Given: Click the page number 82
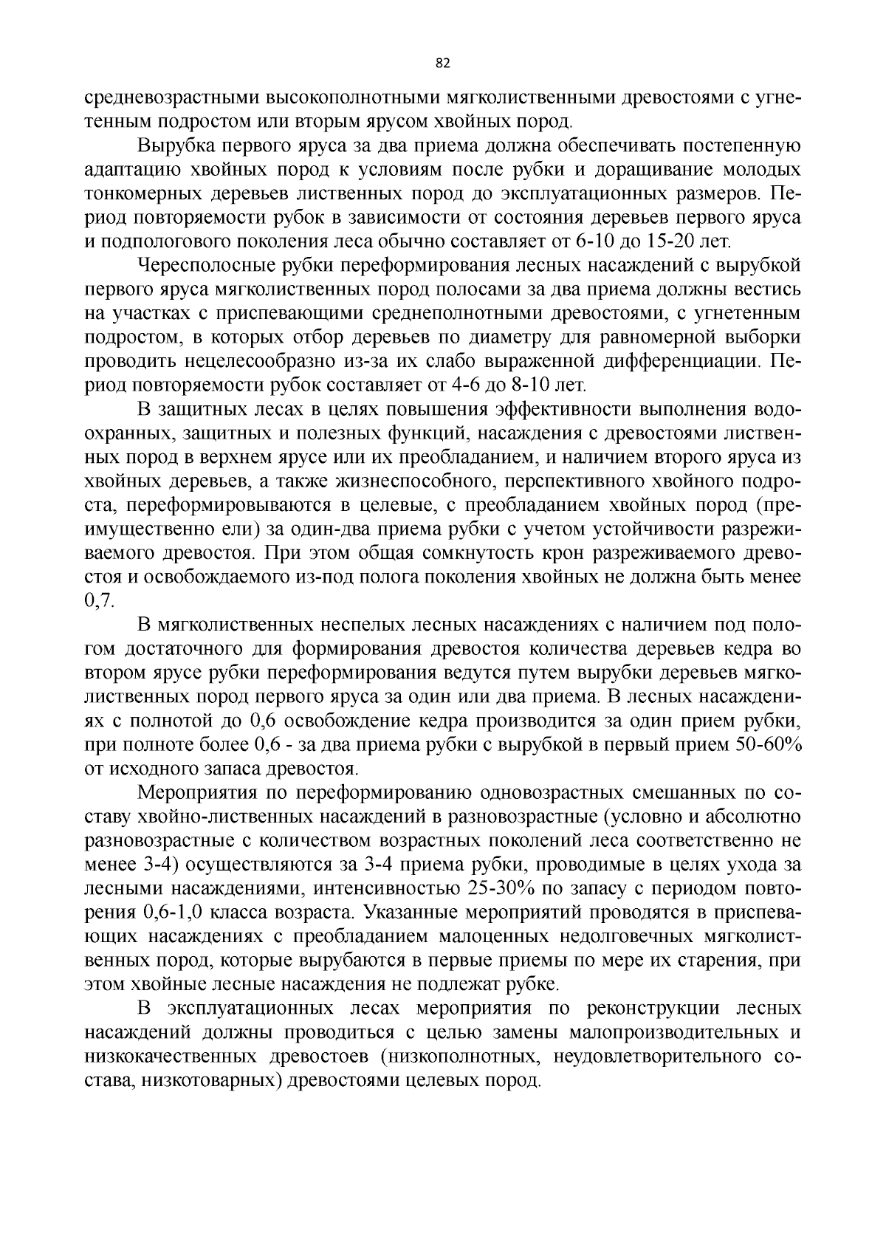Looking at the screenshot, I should (x=443, y=63).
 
